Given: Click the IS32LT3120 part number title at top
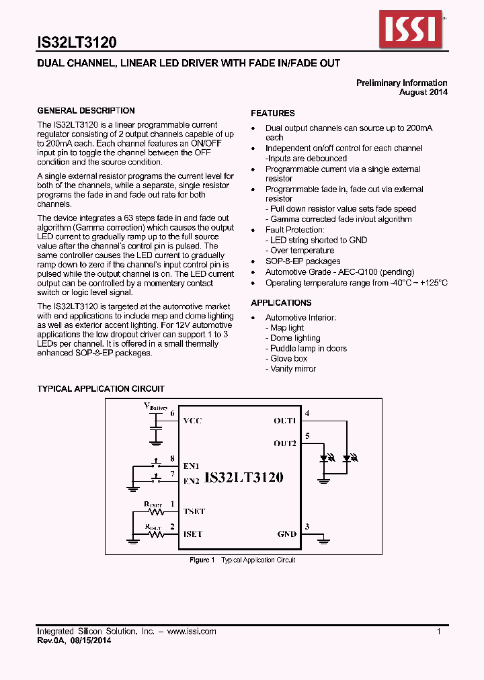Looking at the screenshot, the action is (77, 42).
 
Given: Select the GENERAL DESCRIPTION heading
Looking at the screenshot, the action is (85, 111).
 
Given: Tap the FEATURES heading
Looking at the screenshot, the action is (273, 114).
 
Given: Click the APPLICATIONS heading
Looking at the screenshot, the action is (281, 303).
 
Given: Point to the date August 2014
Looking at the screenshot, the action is (423, 92).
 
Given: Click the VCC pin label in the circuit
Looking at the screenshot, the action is (192, 421).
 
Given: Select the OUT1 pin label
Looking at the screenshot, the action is (284, 421).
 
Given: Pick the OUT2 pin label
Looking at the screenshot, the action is (284, 443).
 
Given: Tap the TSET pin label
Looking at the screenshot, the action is (194, 511).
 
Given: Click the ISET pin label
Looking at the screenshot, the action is (192, 534).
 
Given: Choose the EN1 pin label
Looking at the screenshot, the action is (192, 465).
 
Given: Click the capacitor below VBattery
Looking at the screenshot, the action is (156, 427).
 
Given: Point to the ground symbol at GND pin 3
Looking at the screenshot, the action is (324, 538).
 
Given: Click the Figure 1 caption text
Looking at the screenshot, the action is (242, 560).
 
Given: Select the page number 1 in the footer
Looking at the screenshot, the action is (438, 632).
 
